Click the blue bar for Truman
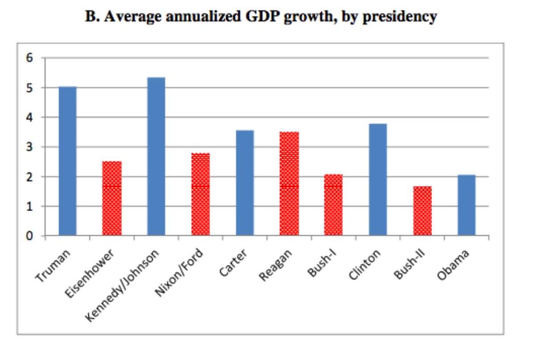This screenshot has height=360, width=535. tap(67, 161)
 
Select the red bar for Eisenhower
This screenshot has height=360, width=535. tap(111, 198)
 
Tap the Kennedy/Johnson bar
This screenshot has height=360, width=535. tap(156, 156)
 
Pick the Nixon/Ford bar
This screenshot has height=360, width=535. tap(201, 194)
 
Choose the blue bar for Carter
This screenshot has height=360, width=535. tap(245, 183)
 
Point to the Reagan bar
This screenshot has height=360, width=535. tap(289, 184)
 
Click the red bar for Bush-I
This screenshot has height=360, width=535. tap(333, 205)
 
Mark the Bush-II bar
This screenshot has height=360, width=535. tap(422, 211)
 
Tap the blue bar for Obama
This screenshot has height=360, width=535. tap(466, 205)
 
